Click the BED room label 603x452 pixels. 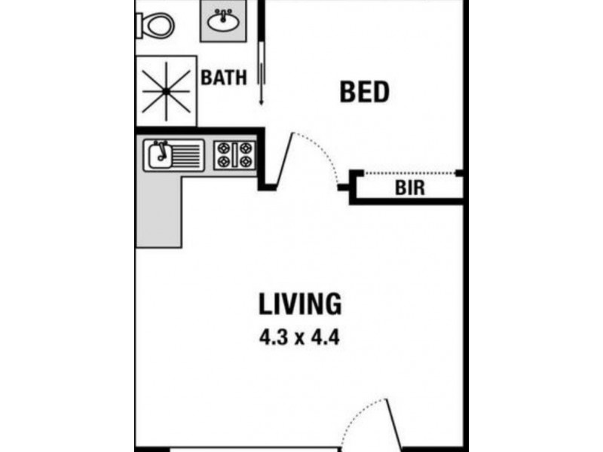(364, 92)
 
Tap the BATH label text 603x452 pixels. (224, 78)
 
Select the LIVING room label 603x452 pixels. (300, 304)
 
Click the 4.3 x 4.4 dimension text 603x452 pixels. (299, 337)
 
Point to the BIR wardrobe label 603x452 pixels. (410, 188)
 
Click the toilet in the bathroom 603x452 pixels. (156, 26)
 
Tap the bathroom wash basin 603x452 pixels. (224, 21)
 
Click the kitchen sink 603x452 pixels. (160, 155)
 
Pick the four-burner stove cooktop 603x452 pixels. (234, 155)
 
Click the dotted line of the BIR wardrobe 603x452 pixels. (411, 173)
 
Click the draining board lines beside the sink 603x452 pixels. (188, 155)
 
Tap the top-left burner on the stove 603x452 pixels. (225, 148)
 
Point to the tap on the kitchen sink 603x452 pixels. (158, 146)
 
